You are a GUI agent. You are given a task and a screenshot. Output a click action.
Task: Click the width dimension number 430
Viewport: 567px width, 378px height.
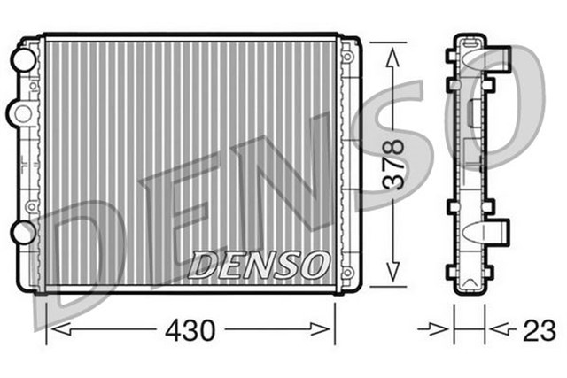[x=190, y=331]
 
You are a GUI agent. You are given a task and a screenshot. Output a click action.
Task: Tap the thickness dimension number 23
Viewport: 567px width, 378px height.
[x=538, y=330]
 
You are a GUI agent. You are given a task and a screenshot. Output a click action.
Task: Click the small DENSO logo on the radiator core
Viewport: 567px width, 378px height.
[x=260, y=263]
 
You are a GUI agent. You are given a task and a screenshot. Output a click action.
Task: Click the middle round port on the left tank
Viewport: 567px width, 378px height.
[x=19, y=112]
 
